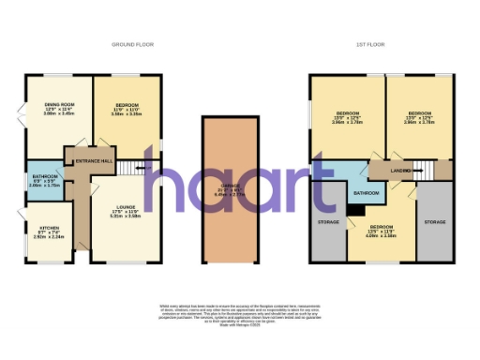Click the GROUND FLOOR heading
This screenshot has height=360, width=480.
click(133, 44)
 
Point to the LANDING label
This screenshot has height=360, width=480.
click(401, 170)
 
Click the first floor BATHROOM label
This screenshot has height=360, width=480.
click(365, 193)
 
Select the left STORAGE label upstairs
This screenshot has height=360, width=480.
click(328, 222)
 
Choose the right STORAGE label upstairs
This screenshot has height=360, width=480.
click(433, 222)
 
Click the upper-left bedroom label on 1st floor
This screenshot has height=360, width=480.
click(347, 116)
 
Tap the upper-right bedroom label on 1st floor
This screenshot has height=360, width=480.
click(416, 116)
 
